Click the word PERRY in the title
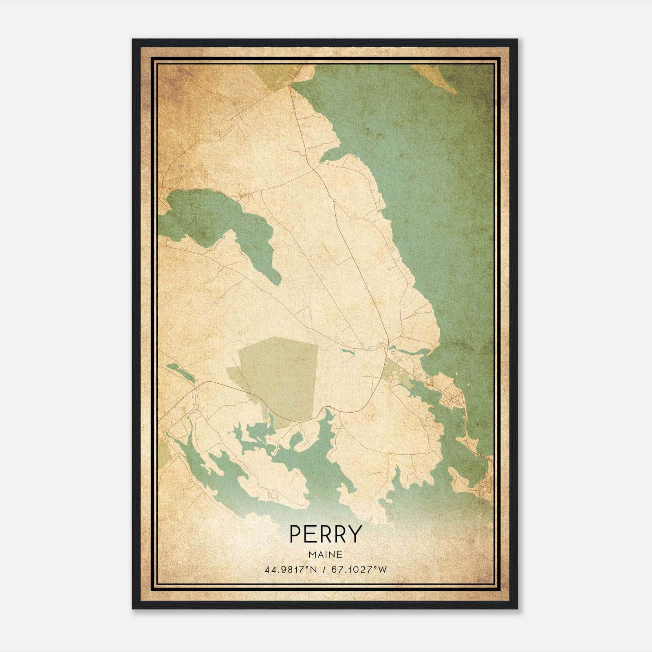(x=325, y=534)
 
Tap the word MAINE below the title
(x=325, y=555)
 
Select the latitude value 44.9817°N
(x=291, y=570)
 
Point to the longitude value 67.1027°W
(x=359, y=570)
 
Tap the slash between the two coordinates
(x=324, y=570)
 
